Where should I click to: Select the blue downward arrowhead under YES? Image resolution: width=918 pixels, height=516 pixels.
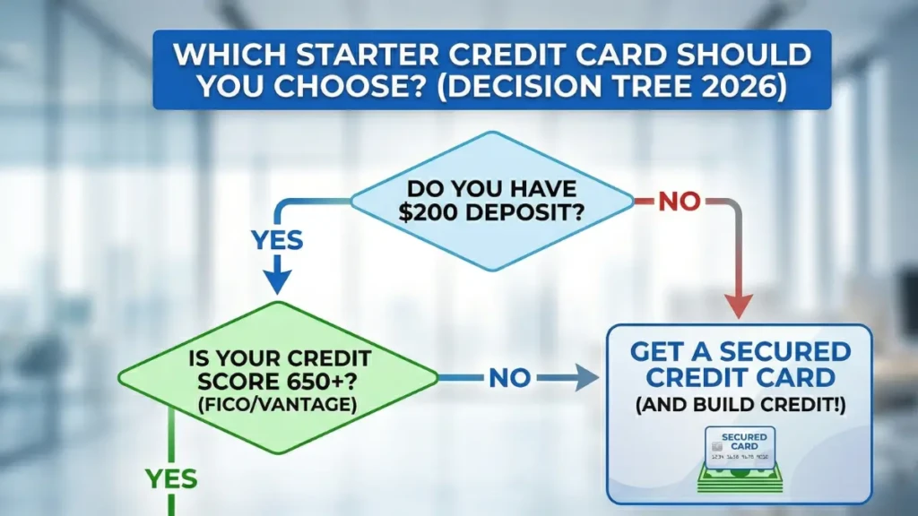276,280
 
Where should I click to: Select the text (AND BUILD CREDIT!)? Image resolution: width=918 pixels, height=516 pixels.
740,405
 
